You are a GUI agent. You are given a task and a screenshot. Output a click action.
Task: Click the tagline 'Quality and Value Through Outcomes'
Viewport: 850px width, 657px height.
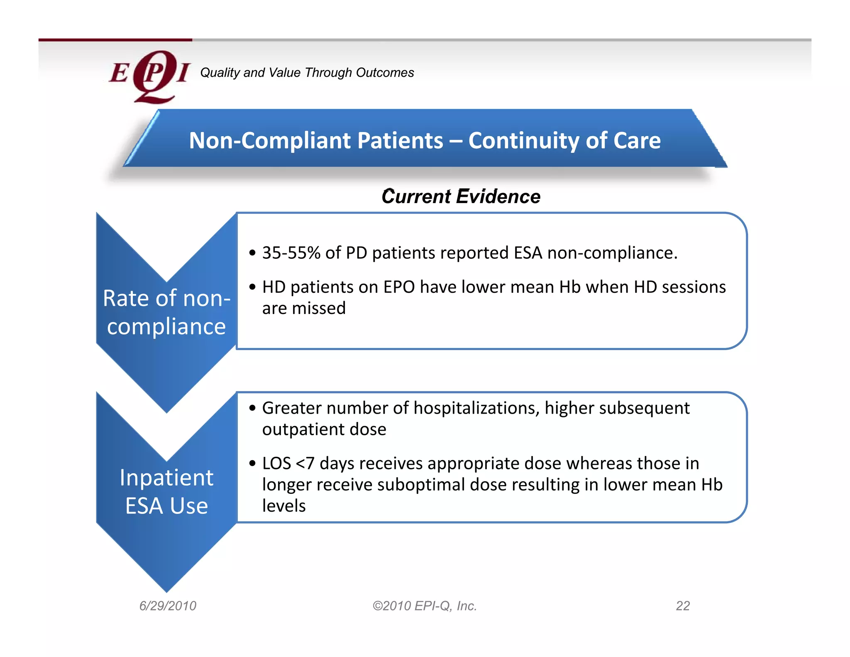coord(307,73)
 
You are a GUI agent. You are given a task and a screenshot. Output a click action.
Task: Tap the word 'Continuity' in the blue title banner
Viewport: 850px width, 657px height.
coord(524,140)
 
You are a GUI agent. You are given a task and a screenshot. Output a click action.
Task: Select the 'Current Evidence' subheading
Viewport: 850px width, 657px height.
coord(461,196)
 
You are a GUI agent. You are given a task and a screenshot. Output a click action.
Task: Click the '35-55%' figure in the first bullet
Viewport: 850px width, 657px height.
coord(291,253)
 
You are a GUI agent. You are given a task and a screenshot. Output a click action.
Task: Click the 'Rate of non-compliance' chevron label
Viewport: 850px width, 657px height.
coord(166,312)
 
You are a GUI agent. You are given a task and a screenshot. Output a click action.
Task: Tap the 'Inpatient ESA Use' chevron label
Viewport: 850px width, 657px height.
coord(166,492)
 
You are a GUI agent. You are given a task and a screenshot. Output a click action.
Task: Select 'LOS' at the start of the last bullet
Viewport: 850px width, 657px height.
coord(276,463)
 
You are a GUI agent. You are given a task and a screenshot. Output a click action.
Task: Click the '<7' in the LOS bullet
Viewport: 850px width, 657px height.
coord(305,463)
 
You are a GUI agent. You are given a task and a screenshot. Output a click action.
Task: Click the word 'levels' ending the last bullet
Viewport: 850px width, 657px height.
coord(284,506)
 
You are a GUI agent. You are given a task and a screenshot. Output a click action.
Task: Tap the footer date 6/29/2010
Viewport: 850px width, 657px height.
coord(168,606)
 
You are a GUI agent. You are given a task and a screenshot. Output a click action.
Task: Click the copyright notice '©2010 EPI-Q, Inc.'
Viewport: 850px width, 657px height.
coord(425,606)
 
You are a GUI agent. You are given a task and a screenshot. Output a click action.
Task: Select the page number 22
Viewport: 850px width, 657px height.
coord(683,606)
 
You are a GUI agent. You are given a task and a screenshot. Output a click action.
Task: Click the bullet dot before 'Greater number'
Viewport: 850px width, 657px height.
coord(252,408)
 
